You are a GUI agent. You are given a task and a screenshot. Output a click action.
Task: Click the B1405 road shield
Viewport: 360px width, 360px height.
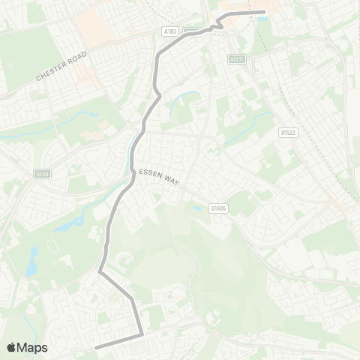218,208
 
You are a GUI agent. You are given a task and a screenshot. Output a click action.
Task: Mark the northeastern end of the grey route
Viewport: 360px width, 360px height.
262,12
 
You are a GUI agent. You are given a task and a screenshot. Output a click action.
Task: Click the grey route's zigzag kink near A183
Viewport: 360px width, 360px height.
215,26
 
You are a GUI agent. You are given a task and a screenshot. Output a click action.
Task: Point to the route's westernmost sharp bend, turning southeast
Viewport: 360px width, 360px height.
100,271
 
